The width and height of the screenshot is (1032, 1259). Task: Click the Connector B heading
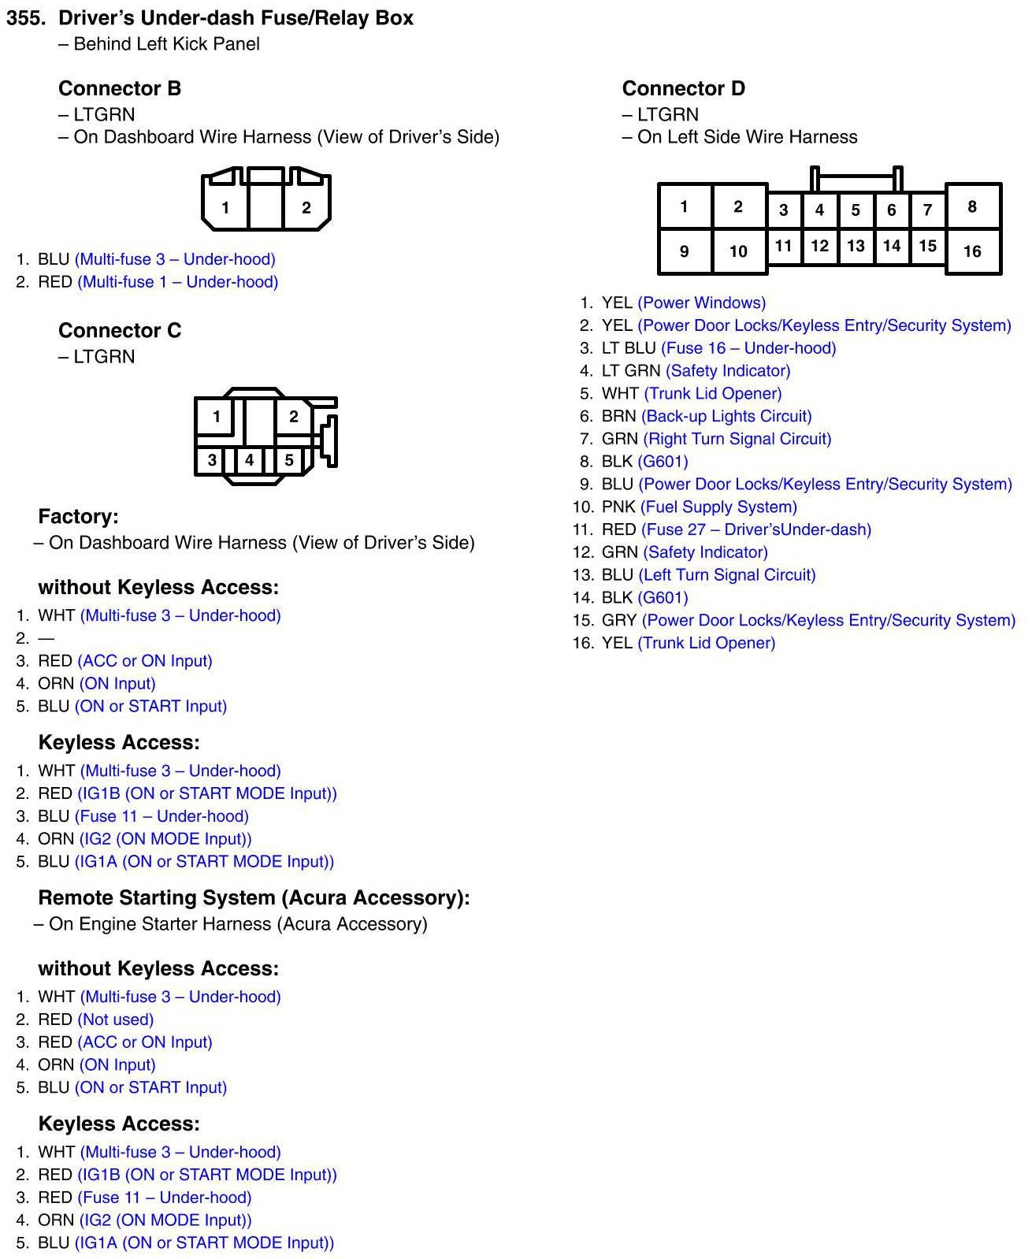[120, 88]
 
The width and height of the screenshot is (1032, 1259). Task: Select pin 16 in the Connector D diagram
[972, 251]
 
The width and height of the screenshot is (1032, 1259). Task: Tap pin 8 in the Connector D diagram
[972, 206]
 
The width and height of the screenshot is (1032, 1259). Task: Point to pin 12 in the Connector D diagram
[819, 246]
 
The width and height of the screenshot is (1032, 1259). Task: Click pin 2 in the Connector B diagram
[306, 208]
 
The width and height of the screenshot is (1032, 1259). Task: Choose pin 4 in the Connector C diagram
[249, 460]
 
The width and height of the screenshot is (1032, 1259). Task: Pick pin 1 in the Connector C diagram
[216, 417]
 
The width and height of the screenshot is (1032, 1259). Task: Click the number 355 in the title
[26, 18]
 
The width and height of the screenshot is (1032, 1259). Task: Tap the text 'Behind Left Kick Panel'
[166, 44]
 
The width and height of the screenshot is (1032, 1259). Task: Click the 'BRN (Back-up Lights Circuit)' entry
[706, 416]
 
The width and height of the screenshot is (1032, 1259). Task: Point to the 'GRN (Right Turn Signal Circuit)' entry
[716, 439]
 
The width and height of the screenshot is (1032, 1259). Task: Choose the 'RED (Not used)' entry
[95, 1019]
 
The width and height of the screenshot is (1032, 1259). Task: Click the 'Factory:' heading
[78, 517]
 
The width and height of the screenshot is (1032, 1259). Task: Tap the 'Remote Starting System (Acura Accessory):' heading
[254, 898]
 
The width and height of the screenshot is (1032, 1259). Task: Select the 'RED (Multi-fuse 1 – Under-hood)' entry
[158, 282]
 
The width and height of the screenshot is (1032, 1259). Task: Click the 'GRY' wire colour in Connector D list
[618, 620]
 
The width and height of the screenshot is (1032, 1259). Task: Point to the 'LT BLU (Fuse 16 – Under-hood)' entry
[718, 348]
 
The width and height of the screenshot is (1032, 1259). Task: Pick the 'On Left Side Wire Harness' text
[747, 137]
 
